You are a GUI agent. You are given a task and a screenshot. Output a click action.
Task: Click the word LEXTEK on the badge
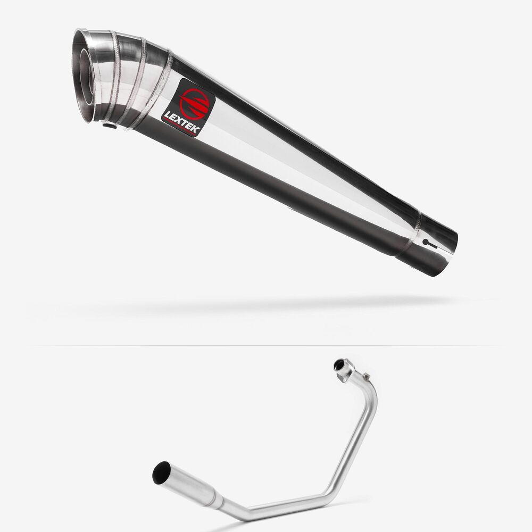point(182,123)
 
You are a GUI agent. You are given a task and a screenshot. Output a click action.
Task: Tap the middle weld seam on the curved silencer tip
point(134,80)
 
